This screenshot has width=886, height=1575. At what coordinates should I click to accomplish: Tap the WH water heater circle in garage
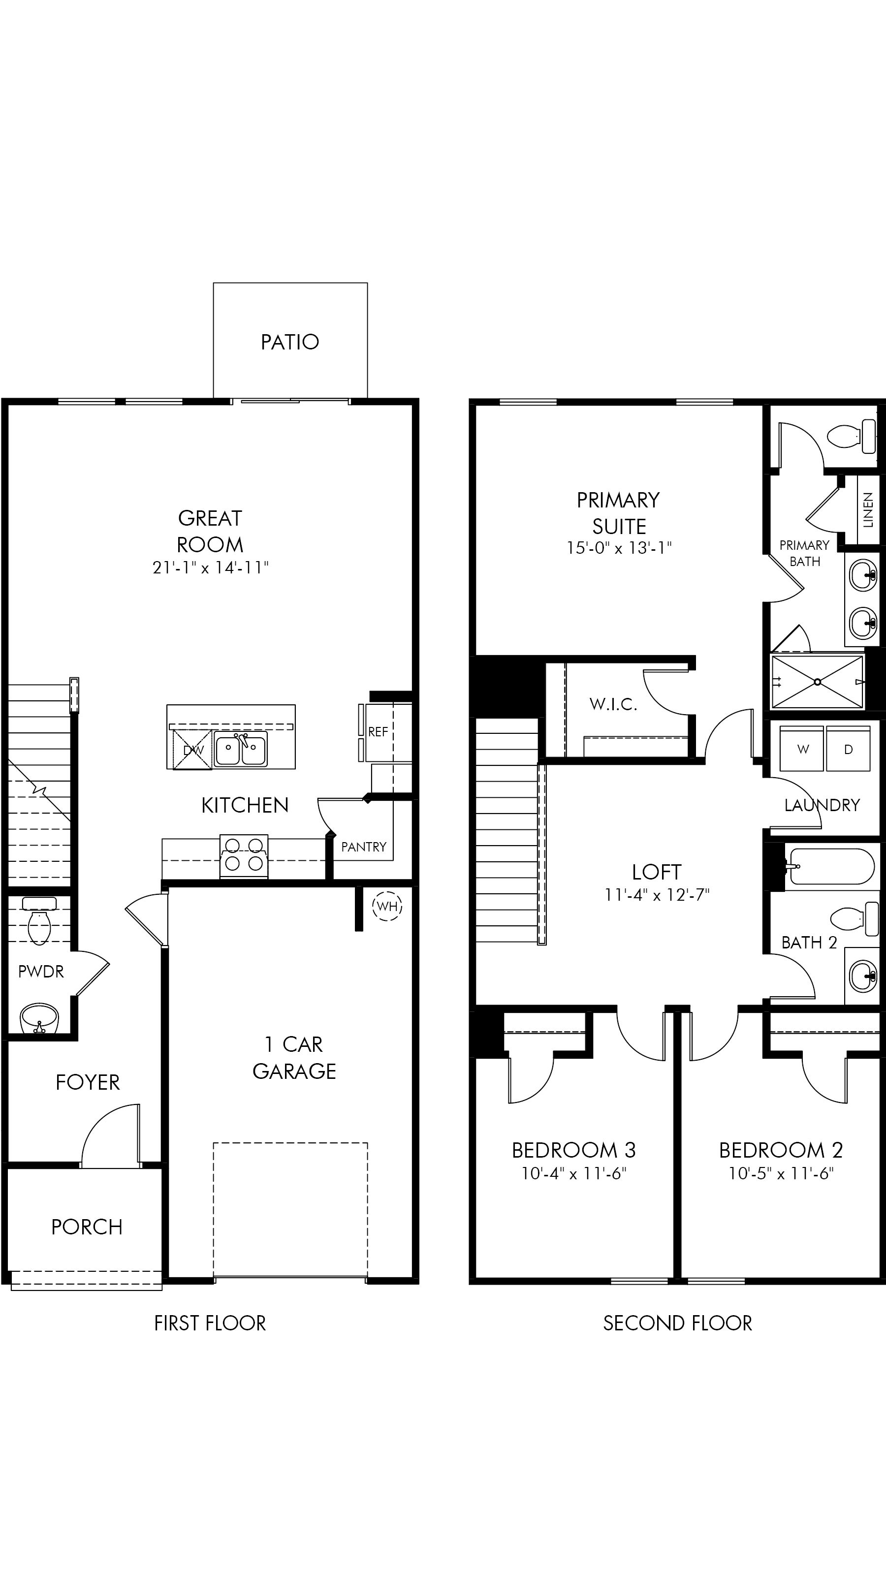click(x=387, y=906)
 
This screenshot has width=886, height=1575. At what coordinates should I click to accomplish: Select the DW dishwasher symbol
click(x=192, y=750)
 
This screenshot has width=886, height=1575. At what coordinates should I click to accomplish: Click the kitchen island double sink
click(x=240, y=750)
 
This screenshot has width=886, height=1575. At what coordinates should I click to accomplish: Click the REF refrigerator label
click(x=378, y=732)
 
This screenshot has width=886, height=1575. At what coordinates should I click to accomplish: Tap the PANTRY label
click(x=364, y=847)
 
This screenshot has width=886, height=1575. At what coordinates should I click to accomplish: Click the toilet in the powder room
click(x=39, y=923)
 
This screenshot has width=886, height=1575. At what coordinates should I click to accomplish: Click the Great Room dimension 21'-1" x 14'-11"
click(x=210, y=568)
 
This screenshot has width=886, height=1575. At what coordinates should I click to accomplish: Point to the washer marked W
click(x=803, y=749)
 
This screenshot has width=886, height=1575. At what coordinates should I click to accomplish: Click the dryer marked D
click(x=848, y=749)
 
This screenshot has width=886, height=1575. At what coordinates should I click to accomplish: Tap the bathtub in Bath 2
click(x=831, y=866)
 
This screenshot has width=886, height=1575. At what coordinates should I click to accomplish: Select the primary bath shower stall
click(x=818, y=682)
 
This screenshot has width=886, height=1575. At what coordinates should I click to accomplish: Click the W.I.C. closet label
click(x=613, y=704)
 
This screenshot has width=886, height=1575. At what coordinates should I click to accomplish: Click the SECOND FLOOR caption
click(x=677, y=1323)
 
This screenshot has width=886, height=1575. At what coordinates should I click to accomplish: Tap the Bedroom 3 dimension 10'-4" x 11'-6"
click(x=573, y=1173)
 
